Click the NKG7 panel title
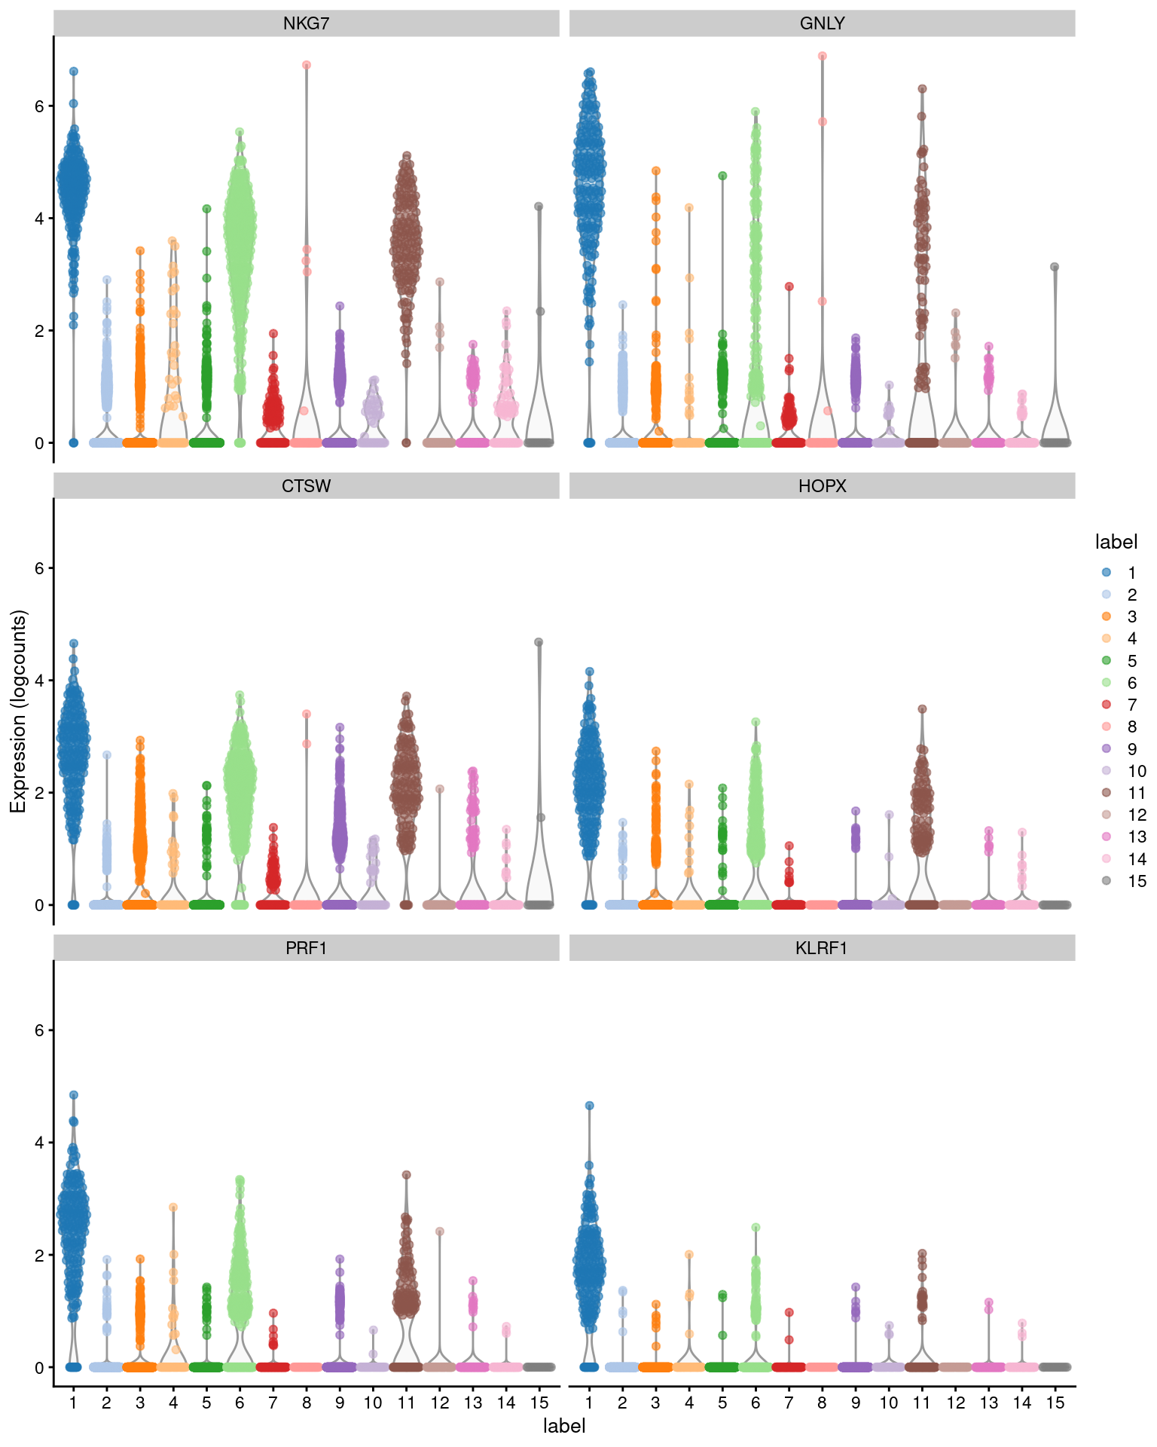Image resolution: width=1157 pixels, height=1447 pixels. [x=306, y=23]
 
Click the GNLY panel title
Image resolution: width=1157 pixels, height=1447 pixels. [x=822, y=23]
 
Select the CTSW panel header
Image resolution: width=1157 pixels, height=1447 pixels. [x=306, y=486]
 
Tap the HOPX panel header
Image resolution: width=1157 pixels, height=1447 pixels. [x=822, y=486]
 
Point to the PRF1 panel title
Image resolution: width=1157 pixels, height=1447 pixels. [x=306, y=948]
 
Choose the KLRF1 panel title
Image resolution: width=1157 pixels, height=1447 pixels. [x=822, y=948]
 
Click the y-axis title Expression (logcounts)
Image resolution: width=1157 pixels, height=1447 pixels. [x=18, y=711]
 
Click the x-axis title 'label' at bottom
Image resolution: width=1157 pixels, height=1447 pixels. [x=564, y=1426]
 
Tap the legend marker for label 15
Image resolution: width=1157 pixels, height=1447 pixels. [x=1107, y=880]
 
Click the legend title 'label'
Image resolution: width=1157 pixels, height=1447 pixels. [x=1116, y=542]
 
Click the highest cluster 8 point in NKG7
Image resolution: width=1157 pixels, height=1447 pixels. [x=307, y=66]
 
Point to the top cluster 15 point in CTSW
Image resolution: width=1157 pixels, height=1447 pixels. [x=539, y=642]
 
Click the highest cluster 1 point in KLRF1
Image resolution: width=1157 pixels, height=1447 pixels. [x=590, y=1106]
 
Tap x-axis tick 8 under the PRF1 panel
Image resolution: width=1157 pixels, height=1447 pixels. [x=307, y=1403]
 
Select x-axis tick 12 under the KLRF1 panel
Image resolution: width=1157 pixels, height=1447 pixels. [x=955, y=1403]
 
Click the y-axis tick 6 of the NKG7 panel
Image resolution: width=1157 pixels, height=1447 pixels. [x=39, y=106]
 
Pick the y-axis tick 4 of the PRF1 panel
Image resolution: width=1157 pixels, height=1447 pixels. [x=39, y=1143]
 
